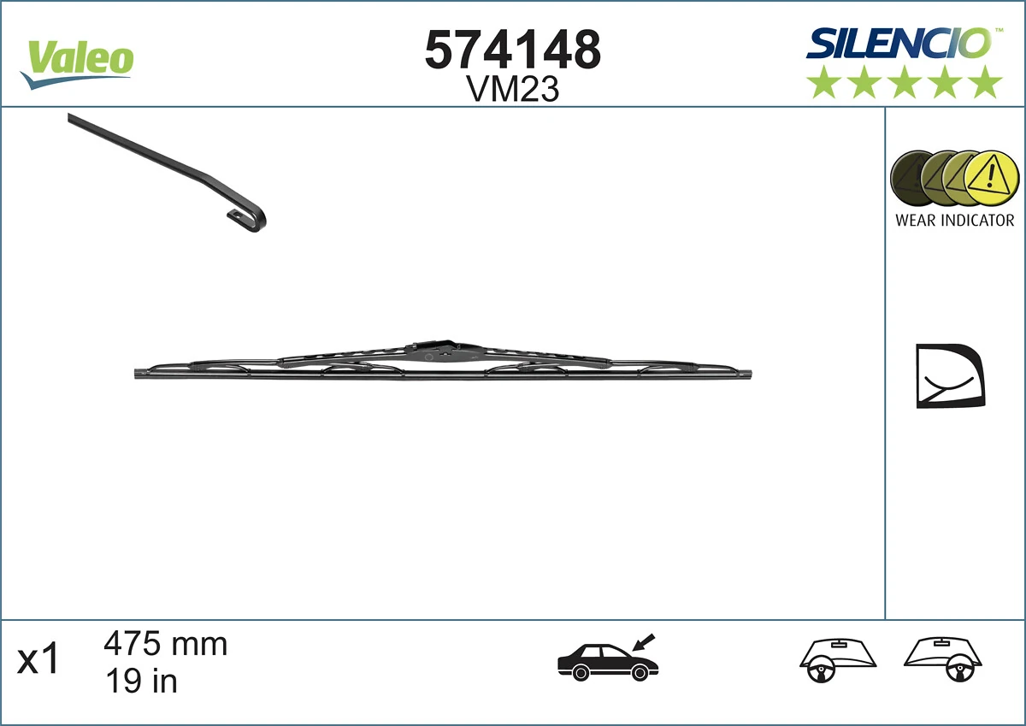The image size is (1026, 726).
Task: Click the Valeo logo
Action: click(x=78, y=62)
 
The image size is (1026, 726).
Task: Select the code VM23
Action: click(x=513, y=89)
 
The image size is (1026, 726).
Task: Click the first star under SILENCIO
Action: click(x=823, y=82)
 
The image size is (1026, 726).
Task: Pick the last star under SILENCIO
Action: click(x=986, y=82)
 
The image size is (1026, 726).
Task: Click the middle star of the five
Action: click(x=905, y=82)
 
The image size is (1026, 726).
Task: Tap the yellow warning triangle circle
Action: click(x=991, y=179)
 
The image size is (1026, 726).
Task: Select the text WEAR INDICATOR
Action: click(x=954, y=221)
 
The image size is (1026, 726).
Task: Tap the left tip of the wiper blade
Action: click(x=139, y=373)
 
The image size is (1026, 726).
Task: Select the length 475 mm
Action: click(x=165, y=643)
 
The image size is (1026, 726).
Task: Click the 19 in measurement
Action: click(x=140, y=681)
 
